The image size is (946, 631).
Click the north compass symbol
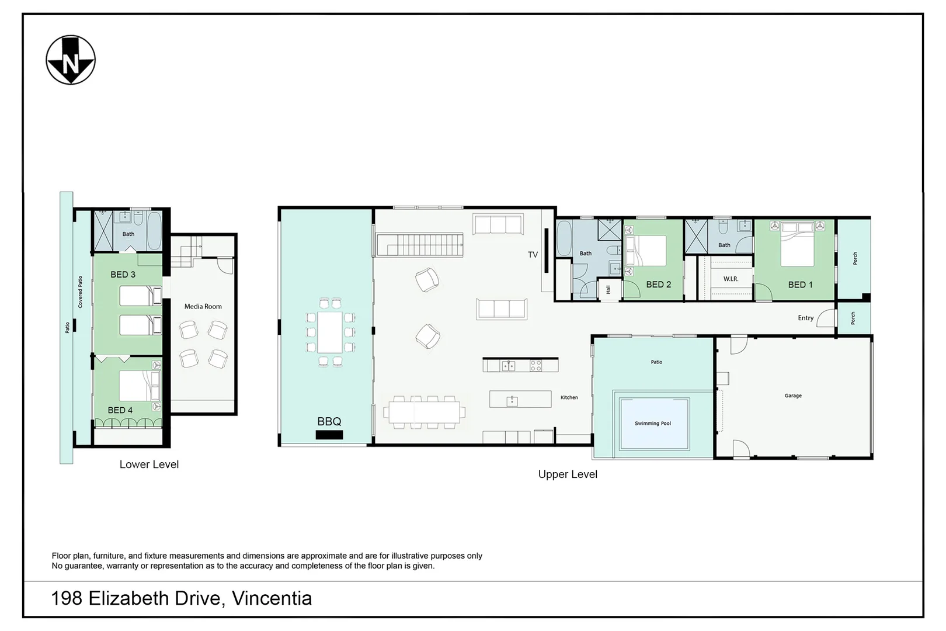71,60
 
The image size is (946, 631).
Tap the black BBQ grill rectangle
329,435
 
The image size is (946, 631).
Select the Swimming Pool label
652,424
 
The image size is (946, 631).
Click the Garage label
792,396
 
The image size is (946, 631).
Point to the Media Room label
203,306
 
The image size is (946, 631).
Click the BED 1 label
800,285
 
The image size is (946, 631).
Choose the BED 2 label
658,285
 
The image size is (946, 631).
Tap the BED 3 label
123,275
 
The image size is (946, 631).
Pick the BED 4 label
120,410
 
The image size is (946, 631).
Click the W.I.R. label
731,279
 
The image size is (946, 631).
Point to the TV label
533,254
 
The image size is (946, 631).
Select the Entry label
805,318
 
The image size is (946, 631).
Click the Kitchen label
569,397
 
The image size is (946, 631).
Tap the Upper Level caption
568,474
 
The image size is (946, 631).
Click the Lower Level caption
149,464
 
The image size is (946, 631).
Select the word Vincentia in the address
272,598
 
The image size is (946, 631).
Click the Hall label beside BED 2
608,290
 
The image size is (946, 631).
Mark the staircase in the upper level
420,245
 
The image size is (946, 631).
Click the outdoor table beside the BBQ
330,332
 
